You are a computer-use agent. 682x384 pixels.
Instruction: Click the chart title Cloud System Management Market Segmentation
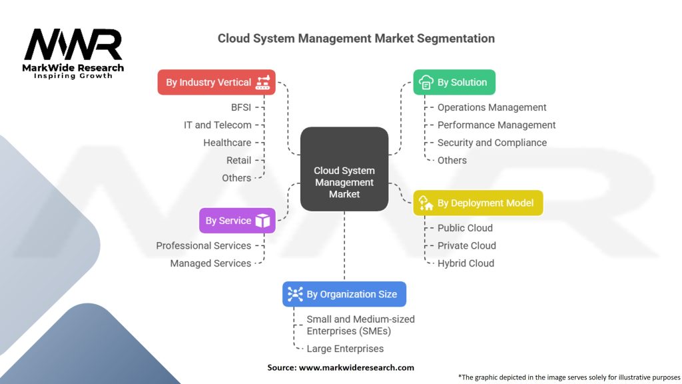click(x=356, y=38)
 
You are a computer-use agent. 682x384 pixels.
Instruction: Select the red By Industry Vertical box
click(x=216, y=83)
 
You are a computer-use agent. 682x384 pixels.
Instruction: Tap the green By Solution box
click(x=454, y=83)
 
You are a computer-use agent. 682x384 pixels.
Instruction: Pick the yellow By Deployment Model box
click(x=478, y=203)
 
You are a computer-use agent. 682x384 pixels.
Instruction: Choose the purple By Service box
click(x=236, y=221)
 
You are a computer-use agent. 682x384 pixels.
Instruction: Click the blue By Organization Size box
click(x=344, y=294)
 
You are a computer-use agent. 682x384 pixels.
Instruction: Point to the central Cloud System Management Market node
click(x=344, y=183)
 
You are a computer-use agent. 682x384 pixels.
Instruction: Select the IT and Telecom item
click(x=218, y=125)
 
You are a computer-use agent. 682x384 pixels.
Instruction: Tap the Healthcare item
click(x=227, y=143)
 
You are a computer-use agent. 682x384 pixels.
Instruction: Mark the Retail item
click(x=238, y=160)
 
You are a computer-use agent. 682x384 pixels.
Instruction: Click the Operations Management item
click(x=492, y=107)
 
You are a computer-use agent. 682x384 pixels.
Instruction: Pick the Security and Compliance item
click(x=492, y=143)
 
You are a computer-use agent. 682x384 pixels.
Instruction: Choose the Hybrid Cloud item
click(x=466, y=263)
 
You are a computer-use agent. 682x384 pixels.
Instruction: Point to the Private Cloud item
click(x=466, y=245)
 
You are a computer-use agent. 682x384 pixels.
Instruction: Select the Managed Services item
click(x=210, y=263)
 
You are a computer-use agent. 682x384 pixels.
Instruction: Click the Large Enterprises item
click(x=345, y=348)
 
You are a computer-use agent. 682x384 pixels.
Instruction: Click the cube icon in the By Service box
click(x=263, y=221)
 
